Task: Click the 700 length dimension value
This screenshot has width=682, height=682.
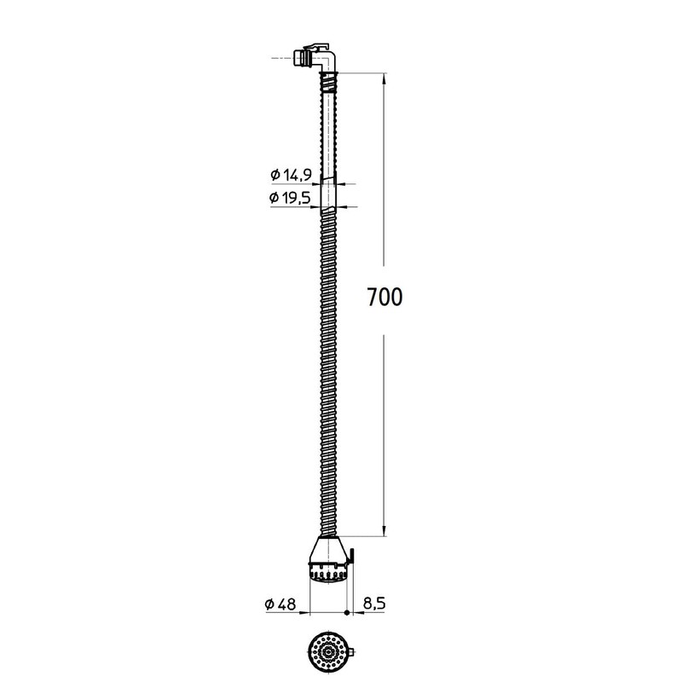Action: pyautogui.click(x=385, y=298)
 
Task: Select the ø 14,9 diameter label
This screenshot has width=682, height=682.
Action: pyautogui.click(x=291, y=175)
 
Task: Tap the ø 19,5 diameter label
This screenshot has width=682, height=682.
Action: pyautogui.click(x=290, y=198)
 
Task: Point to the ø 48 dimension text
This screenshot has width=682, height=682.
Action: pyautogui.click(x=280, y=604)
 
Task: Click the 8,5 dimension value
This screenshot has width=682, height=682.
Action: pyautogui.click(x=374, y=604)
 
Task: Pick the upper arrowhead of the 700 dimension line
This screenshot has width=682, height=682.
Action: pyautogui.click(x=384, y=78)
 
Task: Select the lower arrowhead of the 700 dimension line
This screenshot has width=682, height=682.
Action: pyautogui.click(x=384, y=530)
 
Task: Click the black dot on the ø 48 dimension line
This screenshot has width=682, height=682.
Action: pyautogui.click(x=347, y=613)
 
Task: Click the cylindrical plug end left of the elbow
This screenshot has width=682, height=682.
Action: pyautogui.click(x=299, y=58)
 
